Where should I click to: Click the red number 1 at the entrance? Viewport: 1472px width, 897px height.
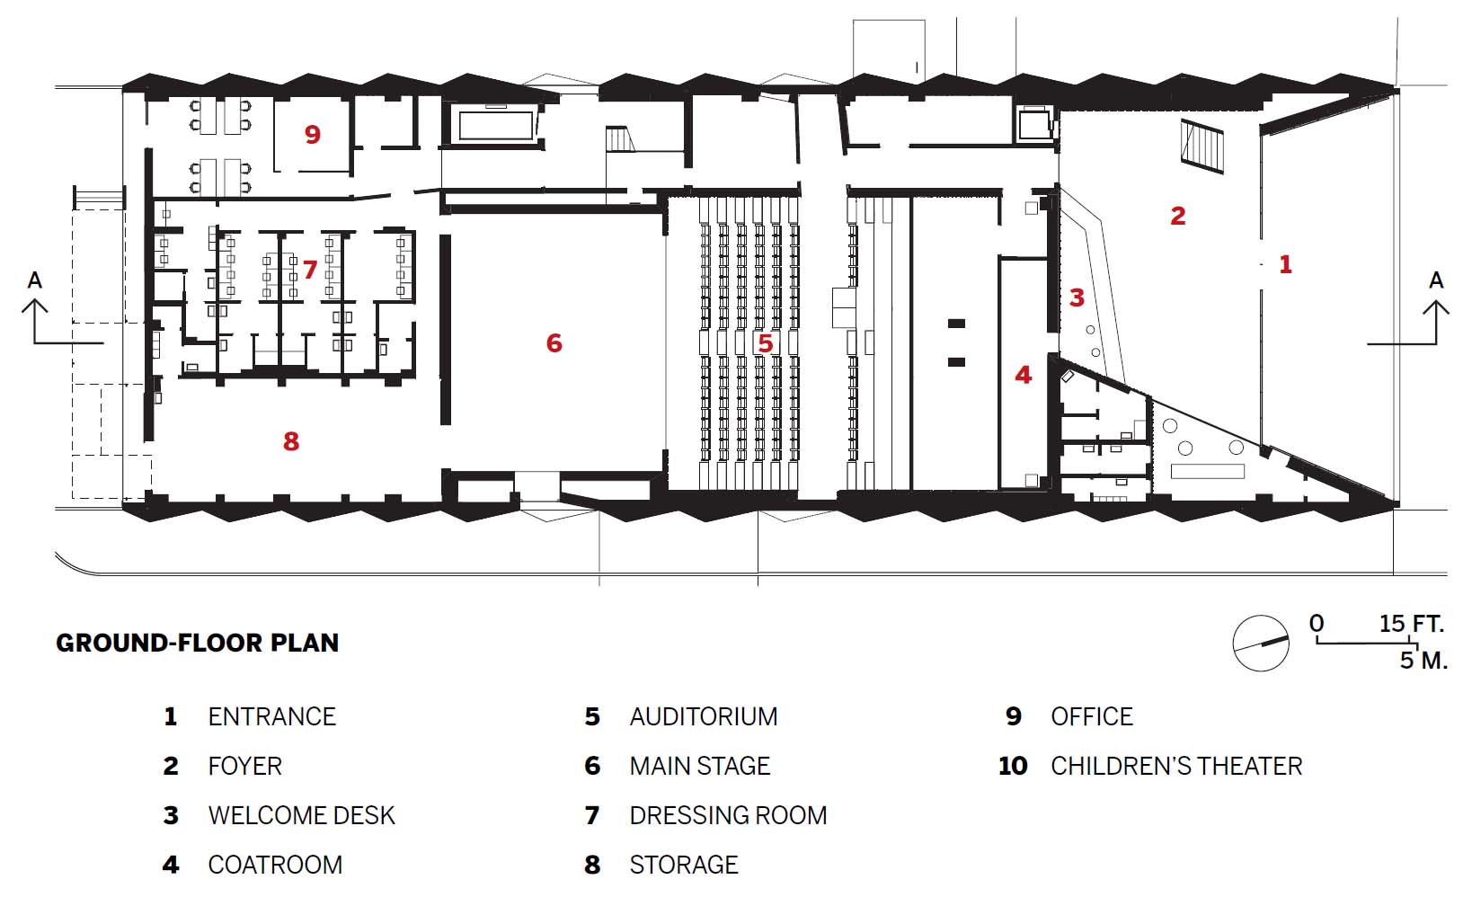point(1285,264)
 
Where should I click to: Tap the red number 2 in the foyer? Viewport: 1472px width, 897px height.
point(1177,216)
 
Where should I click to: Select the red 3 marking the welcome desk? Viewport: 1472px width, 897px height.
point(1077,298)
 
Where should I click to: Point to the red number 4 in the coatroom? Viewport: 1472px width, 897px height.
point(1023,375)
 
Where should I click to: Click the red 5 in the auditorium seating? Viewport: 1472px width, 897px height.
point(765,343)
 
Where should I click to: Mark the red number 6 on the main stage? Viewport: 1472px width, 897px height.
point(554,342)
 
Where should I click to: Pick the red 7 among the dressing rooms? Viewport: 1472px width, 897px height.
point(310,270)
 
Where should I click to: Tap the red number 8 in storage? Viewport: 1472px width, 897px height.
point(290,441)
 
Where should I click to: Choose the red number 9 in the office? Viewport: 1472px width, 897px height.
point(312,135)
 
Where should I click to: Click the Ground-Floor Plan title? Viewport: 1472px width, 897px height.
point(198,644)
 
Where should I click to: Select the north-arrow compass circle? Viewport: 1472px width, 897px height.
point(1261,643)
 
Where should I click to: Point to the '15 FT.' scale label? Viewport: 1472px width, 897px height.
point(1411,624)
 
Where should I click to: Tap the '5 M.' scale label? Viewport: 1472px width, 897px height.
point(1423,661)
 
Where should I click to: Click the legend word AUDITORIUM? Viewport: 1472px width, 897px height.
point(704,717)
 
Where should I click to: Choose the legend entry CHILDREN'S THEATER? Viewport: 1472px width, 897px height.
point(1176,767)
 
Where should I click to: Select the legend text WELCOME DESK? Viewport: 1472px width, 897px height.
point(301,816)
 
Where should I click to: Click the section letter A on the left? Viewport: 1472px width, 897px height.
point(35,280)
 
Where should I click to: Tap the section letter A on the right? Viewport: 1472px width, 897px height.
point(1436,280)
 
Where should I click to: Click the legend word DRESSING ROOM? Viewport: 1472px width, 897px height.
point(728,816)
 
